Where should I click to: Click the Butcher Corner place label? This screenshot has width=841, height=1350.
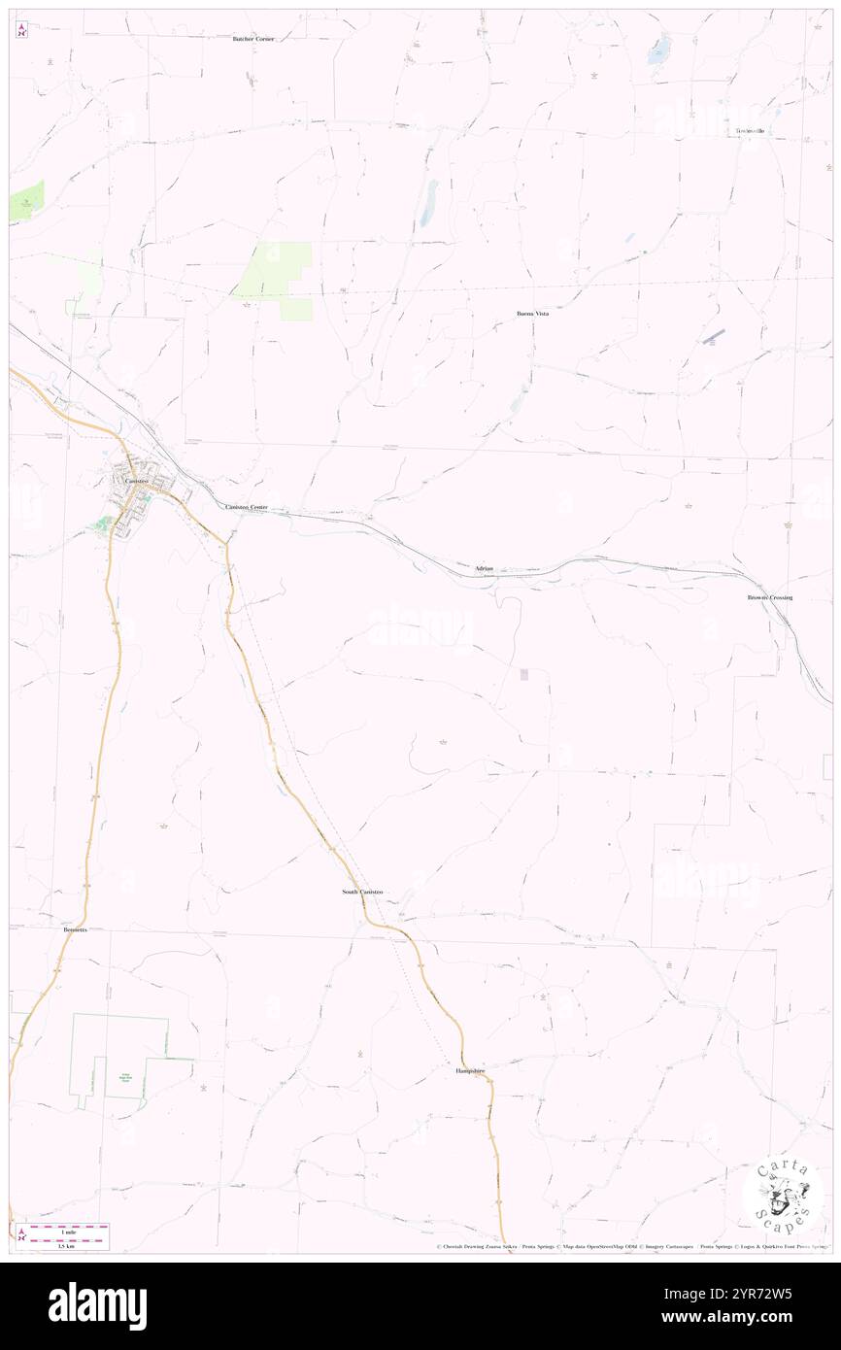click(x=254, y=38)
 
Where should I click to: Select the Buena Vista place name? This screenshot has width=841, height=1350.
click(x=533, y=315)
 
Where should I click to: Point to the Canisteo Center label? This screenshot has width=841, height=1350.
click(x=246, y=507)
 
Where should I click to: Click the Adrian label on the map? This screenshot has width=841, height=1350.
click(x=485, y=567)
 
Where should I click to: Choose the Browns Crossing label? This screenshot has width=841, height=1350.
click(x=769, y=597)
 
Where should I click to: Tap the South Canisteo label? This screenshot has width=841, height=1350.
click(x=362, y=892)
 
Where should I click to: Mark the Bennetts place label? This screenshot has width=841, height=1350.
click(x=75, y=929)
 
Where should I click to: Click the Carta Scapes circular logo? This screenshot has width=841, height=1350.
click(x=783, y=1195)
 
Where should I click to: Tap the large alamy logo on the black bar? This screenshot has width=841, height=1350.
click(x=97, y=1306)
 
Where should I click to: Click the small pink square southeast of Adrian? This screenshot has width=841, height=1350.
click(x=524, y=674)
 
